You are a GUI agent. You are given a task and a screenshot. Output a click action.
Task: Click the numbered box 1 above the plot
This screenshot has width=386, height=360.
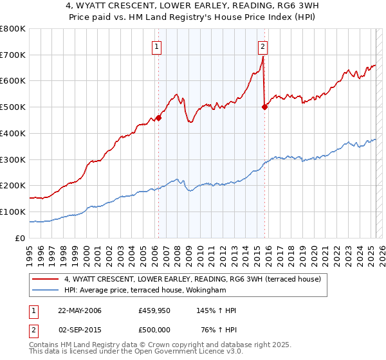point(158,46)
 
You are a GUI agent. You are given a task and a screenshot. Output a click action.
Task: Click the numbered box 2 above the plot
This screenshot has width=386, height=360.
point(264,46)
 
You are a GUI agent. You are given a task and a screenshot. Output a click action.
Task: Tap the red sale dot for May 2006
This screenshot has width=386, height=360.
point(158,118)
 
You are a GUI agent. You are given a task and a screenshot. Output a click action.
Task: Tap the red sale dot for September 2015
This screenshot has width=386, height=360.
point(264,107)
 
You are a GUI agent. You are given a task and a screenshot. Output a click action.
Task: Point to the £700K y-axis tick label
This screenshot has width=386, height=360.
point(13,55)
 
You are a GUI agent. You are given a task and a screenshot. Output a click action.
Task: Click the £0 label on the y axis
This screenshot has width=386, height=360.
point(21,238)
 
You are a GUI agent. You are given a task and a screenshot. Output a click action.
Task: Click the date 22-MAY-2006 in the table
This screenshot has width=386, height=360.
point(80,311)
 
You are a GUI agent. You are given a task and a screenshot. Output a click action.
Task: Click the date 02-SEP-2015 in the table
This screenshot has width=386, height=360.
point(80,330)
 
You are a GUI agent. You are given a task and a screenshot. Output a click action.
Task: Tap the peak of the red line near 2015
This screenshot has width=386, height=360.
point(263,57)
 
